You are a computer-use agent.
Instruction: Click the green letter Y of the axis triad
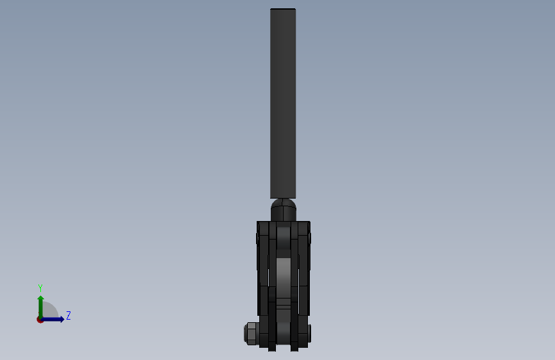[40, 288]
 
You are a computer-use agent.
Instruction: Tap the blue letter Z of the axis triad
[68, 315]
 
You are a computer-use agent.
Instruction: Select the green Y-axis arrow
[40, 304]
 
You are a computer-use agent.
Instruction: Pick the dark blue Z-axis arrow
[55, 319]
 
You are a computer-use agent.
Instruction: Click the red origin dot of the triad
[40, 320]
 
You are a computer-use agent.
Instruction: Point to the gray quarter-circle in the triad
[49, 312]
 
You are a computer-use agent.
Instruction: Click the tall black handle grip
[283, 102]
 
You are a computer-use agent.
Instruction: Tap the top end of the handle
[283, 10]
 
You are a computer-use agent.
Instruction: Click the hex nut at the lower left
[251, 334]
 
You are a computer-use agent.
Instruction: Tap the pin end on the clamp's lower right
[310, 332]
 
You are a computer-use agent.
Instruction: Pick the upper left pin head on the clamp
[257, 238]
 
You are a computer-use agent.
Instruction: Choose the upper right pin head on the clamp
[310, 238]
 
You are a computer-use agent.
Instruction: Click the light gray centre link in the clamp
[284, 275]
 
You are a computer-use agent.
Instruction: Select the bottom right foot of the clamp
[294, 347]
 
